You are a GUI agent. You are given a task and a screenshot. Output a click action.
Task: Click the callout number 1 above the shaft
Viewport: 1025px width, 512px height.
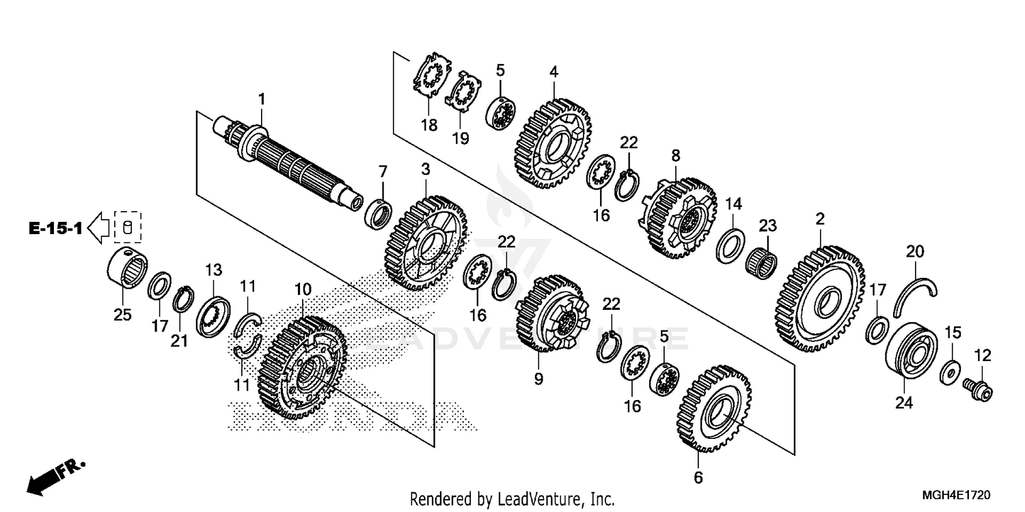tap(260, 100)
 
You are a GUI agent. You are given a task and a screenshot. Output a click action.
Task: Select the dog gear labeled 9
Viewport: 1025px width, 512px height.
tap(549, 315)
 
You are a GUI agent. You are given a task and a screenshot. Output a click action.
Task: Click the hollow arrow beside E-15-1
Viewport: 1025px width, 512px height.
tap(100, 228)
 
